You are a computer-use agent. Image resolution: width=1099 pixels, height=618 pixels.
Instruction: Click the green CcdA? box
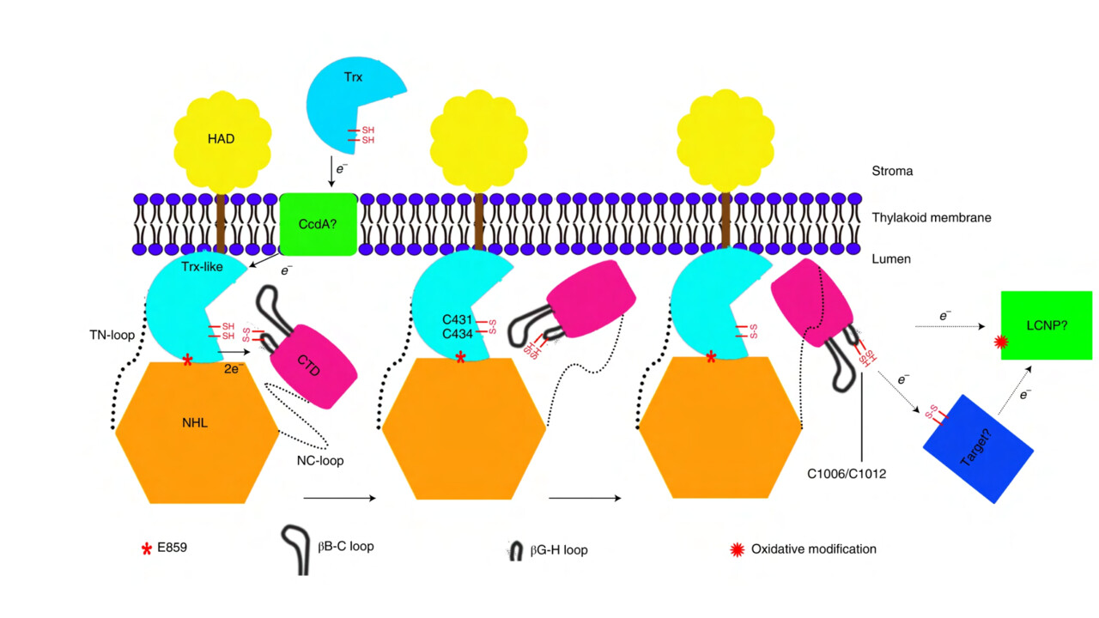click(x=317, y=224)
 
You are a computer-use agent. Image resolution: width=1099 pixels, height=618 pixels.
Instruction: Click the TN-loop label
click(x=112, y=336)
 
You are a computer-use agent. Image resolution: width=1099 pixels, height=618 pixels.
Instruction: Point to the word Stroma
click(x=891, y=171)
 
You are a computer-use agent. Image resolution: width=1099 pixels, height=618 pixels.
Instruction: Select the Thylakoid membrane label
click(x=931, y=218)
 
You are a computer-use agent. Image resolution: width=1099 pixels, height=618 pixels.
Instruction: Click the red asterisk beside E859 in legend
click(x=146, y=548)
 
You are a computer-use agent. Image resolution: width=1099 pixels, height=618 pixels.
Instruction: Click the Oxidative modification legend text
click(x=813, y=548)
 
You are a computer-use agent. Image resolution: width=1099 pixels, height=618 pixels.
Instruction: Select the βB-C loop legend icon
click(x=297, y=548)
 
